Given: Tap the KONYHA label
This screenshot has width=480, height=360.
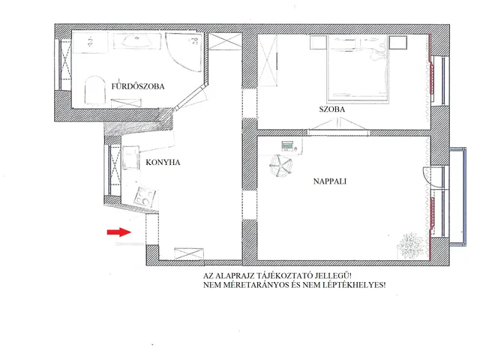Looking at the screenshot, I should pos(162,162).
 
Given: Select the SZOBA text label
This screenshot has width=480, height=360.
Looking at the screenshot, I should pos(331,110).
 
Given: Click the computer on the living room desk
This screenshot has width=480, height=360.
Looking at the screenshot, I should pos(286,144).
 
